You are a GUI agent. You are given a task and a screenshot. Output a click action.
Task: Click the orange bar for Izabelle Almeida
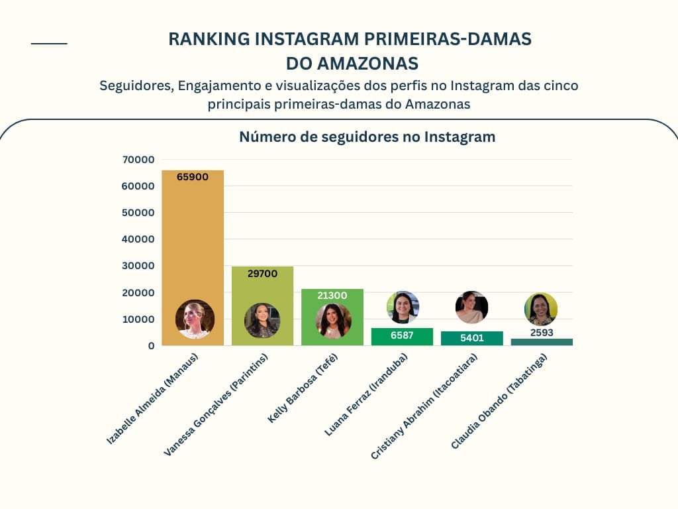pyautogui.click(x=193, y=239)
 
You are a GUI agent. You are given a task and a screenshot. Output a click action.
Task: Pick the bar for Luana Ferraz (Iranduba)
pyautogui.click(x=402, y=337)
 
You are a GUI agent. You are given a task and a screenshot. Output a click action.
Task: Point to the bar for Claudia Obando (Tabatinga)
pyautogui.click(x=542, y=342)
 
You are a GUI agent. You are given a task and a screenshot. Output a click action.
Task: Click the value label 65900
pyautogui.click(x=193, y=177)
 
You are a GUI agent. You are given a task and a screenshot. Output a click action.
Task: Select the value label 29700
pyautogui.click(x=262, y=273)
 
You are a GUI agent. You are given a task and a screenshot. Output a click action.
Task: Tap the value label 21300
pyautogui.click(x=332, y=295)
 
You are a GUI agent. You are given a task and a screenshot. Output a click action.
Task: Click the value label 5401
pyautogui.click(x=472, y=338)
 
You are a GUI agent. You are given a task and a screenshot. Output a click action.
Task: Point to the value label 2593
pyautogui.click(x=542, y=333)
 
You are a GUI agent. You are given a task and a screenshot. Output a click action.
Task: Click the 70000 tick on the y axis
pyautogui.click(x=138, y=160)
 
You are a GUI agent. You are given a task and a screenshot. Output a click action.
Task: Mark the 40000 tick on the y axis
pyautogui.click(x=138, y=239)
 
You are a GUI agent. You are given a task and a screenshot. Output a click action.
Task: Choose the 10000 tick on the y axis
pyautogui.click(x=138, y=319)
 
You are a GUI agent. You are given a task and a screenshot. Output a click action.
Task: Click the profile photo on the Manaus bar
pyautogui.click(x=195, y=319)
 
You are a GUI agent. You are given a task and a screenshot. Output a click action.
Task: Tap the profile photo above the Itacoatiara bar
pyautogui.click(x=471, y=307)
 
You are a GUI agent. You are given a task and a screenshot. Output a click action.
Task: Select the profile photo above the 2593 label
pyautogui.click(x=541, y=309)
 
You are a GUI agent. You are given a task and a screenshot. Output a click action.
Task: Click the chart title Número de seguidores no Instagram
pyautogui.click(x=367, y=137)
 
